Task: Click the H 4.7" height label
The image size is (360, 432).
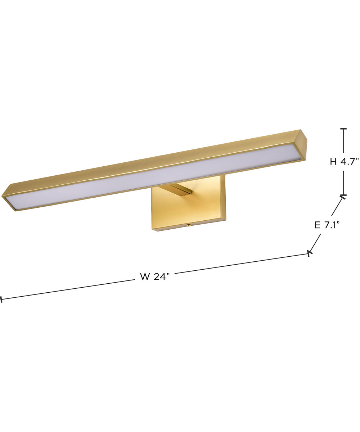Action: click(344, 162)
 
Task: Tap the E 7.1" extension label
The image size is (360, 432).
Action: click(327, 225)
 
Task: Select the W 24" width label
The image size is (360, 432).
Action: click(154, 276)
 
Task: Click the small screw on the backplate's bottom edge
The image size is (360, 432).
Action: click(188, 226)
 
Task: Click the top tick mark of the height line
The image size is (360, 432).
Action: click(343, 129)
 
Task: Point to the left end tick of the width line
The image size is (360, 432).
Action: click(1, 299)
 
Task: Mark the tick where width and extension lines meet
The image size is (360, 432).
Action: click(309, 253)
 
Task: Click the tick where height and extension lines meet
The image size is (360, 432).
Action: click(343, 196)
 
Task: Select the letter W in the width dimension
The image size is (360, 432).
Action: click(145, 276)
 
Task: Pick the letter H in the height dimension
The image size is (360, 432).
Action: click(334, 162)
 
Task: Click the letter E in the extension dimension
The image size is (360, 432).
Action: click(318, 225)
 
